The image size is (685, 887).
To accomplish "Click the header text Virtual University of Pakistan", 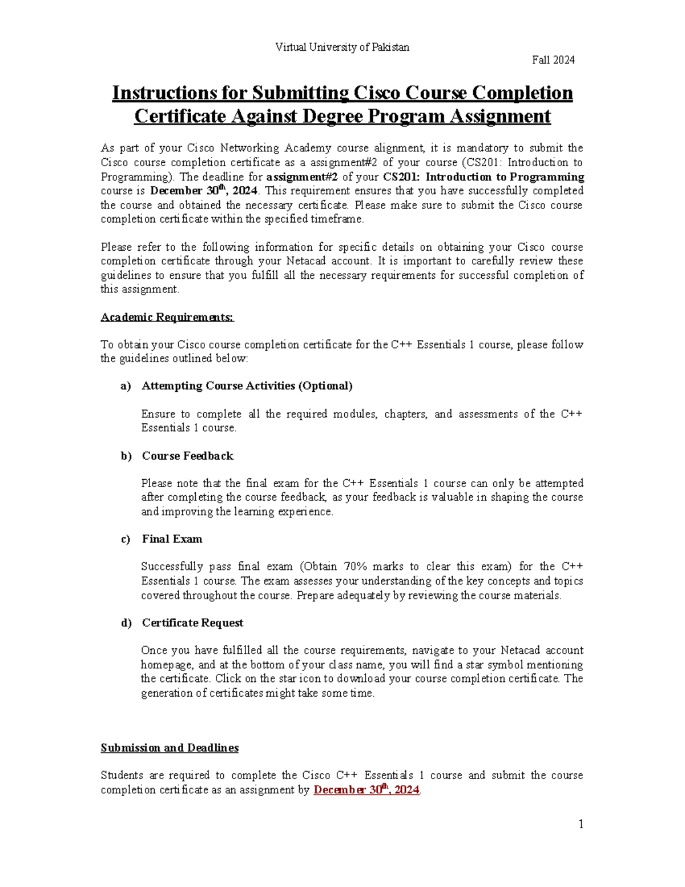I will (x=342, y=47).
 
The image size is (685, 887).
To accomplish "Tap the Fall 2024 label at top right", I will (x=553, y=60).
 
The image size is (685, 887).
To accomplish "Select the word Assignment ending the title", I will (x=499, y=117).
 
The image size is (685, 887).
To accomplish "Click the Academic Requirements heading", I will (x=167, y=317).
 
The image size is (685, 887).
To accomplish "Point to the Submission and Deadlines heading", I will (x=170, y=748).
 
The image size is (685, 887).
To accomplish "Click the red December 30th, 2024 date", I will (x=366, y=790).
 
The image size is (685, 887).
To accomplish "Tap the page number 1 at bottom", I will (x=581, y=824).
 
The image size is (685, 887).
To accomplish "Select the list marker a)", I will (x=126, y=386).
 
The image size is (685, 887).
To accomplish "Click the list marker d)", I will (x=126, y=623).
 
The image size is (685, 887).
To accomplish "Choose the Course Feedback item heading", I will (x=187, y=456).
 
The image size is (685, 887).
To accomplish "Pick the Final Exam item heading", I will (x=172, y=539).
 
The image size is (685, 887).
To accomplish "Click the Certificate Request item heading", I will (x=192, y=623).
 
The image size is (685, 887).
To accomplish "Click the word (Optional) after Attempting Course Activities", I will (x=325, y=386).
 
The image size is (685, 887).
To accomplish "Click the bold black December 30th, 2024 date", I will (x=203, y=191).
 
